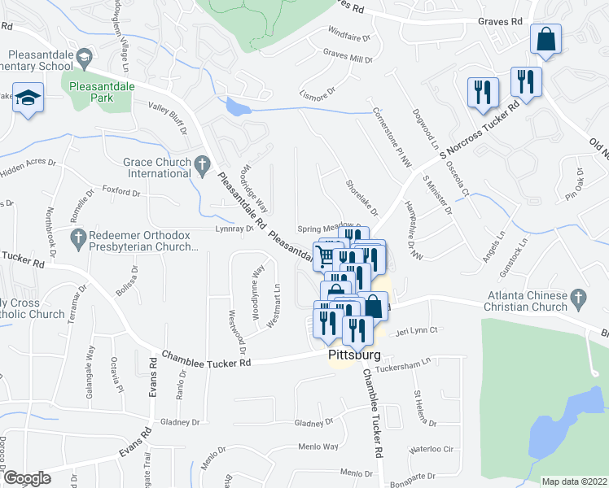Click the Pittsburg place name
click(356, 355)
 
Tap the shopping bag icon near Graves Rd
click(545, 39)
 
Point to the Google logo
click(28, 478)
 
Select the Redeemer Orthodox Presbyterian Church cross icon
click(78, 239)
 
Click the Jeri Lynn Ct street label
click(417, 330)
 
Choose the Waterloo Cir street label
click(436, 449)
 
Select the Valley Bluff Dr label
click(168, 117)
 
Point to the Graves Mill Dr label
click(348, 59)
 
